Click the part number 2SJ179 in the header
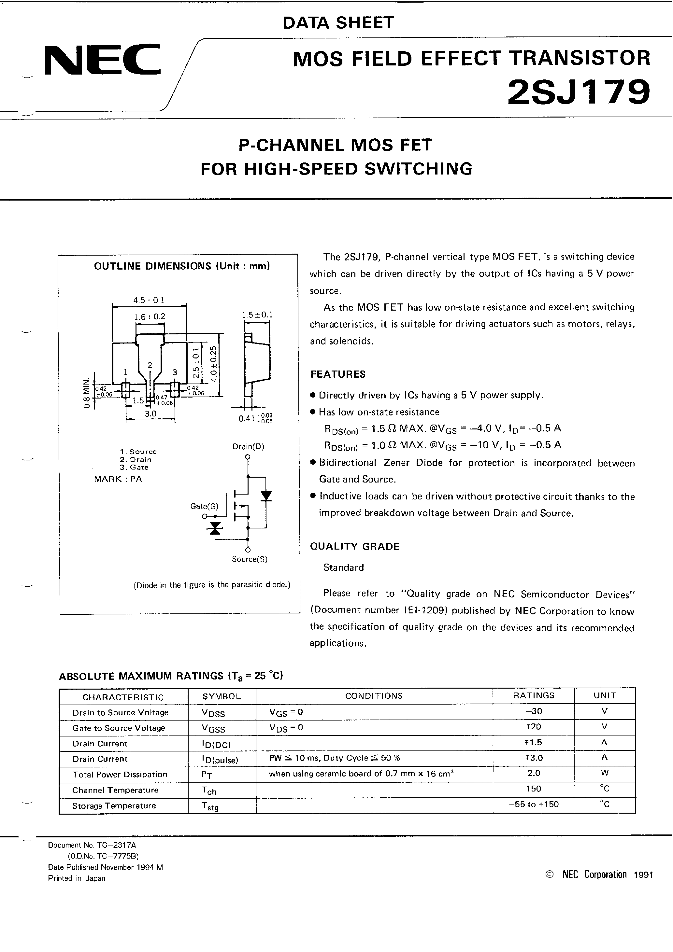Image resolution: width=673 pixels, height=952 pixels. (579, 92)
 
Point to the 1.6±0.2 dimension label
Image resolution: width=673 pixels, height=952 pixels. (150, 317)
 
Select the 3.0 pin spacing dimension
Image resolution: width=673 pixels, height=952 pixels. (150, 413)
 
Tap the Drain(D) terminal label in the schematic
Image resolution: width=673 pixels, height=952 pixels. (248, 447)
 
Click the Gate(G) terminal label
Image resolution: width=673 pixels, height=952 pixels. (204, 506)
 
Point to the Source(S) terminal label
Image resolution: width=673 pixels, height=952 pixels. (250, 559)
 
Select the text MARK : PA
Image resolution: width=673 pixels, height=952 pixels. (118, 479)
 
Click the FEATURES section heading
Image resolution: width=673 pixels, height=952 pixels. (338, 374)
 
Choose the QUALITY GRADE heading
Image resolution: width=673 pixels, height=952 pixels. (354, 546)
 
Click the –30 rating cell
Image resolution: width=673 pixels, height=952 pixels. (533, 711)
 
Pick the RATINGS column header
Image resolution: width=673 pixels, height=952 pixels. (533, 695)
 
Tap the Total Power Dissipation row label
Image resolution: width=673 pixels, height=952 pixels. (120, 774)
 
